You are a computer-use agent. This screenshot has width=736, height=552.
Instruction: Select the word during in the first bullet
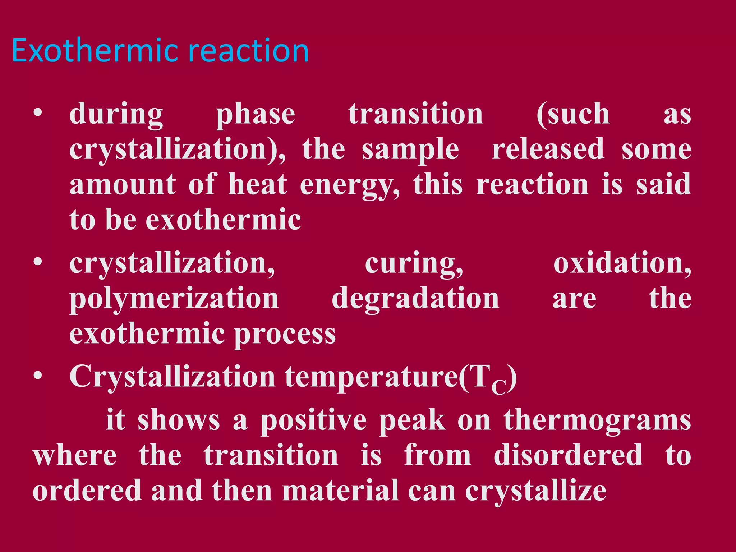point(116,114)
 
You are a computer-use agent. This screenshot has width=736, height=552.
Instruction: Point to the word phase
point(256,114)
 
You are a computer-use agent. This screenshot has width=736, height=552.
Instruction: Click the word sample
point(410,149)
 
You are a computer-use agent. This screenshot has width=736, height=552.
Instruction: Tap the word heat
point(258,184)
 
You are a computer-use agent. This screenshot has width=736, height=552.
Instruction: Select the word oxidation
point(622,263)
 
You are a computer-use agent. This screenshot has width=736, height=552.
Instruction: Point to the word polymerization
point(174,299)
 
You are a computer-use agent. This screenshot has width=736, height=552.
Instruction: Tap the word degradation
point(415,299)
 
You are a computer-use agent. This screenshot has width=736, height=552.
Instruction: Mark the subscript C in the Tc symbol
point(499,387)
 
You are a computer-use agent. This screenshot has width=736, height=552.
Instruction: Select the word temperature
point(372,377)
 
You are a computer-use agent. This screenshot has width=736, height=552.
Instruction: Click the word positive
point(313,420)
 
